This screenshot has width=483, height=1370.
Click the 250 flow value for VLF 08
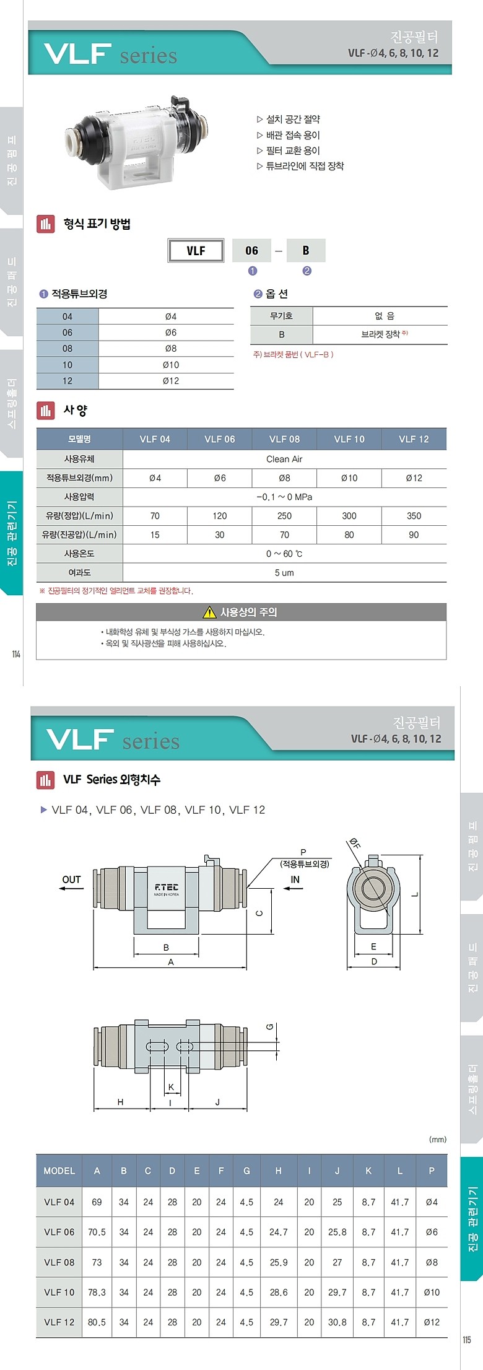(284, 516)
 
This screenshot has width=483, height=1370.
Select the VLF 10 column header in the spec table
(349, 439)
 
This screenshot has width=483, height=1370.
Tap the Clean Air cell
(284, 459)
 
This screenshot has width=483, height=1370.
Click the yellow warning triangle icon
(209, 613)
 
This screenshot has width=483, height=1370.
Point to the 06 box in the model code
(251, 251)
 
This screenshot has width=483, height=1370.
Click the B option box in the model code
(306, 251)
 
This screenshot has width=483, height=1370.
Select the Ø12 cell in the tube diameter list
(171, 381)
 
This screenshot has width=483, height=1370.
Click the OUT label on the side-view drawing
(71, 879)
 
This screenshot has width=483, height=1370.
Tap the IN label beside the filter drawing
(295, 879)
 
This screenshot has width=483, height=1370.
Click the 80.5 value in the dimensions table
(97, 1322)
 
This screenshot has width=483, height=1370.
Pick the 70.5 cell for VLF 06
(97, 1232)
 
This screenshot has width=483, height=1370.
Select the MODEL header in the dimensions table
(59, 1171)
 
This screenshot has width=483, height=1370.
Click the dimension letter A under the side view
(171, 962)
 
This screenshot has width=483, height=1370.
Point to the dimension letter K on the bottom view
(171, 1086)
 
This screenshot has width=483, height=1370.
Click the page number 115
(467, 1340)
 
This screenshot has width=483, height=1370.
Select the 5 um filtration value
(284, 573)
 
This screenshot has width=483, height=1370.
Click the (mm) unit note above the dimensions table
(437, 1139)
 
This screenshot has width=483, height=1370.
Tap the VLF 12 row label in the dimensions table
(59, 1322)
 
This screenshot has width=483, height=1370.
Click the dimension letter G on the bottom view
(270, 1027)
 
